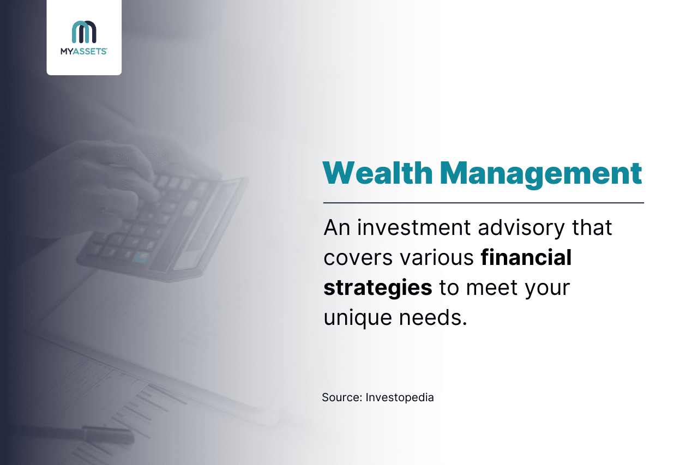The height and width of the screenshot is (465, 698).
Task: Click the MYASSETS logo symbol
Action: coord(84,32)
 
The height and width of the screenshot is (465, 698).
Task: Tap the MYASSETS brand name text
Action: coord(84,51)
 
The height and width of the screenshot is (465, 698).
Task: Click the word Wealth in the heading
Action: coord(378,173)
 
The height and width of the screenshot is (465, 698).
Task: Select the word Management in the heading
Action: coord(541,174)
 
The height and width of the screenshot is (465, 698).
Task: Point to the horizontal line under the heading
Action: coord(484,203)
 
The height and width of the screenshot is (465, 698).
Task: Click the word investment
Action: coord(414,227)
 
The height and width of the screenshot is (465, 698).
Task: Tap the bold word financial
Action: coord(526,257)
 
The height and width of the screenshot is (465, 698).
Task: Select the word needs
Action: coord(433,317)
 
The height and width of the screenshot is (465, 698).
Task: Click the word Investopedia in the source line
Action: coord(400,398)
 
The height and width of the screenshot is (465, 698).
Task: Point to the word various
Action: coord(437,257)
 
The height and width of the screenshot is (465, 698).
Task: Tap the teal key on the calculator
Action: coord(141,257)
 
